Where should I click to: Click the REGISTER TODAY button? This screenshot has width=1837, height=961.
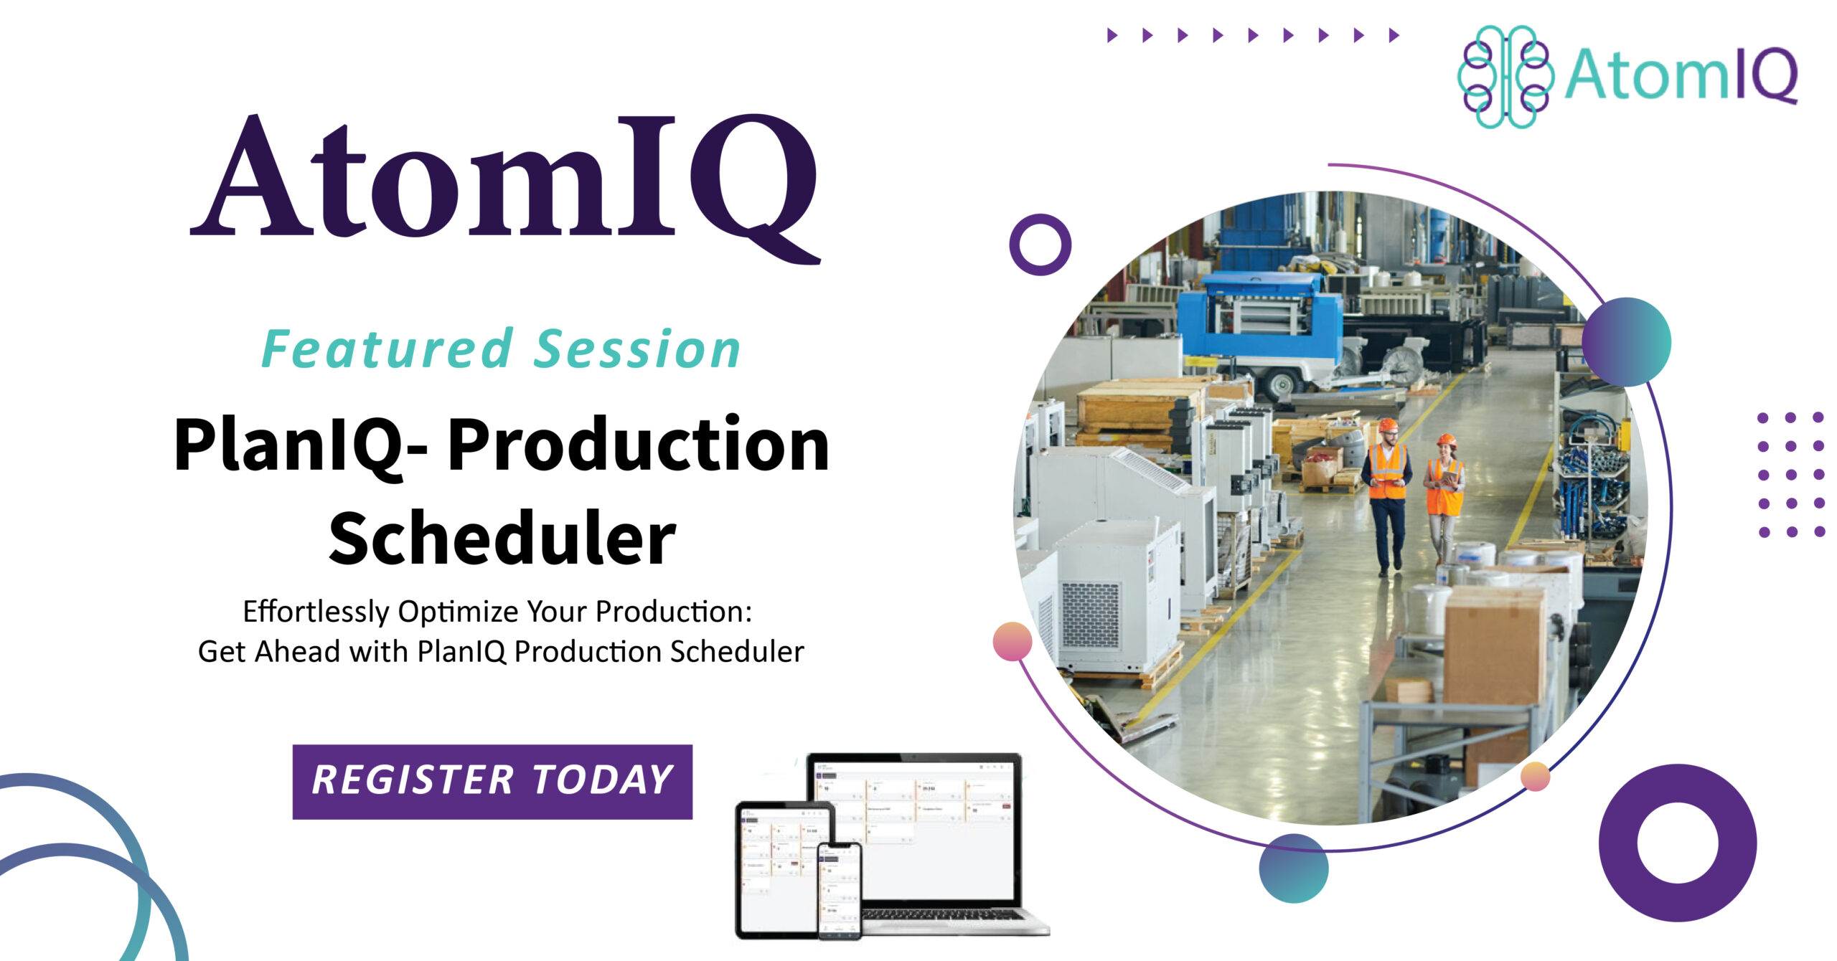492,781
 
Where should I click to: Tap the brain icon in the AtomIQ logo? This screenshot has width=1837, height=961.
1505,77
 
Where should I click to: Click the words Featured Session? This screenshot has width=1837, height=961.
501,349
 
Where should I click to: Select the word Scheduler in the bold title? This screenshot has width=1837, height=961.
502,539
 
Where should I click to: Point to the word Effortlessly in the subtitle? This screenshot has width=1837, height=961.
315,612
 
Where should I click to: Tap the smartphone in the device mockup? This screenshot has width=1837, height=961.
840,890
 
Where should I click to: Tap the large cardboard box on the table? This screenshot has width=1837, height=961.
1494,645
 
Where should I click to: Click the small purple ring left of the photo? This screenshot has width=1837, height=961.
1040,245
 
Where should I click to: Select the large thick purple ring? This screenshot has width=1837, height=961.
1677,843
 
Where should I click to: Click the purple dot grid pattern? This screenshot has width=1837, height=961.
1791,474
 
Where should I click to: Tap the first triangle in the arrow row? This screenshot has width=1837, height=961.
1112,35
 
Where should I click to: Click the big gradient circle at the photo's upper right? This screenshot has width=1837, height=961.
1626,342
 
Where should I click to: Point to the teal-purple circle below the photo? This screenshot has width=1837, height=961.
1293,868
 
